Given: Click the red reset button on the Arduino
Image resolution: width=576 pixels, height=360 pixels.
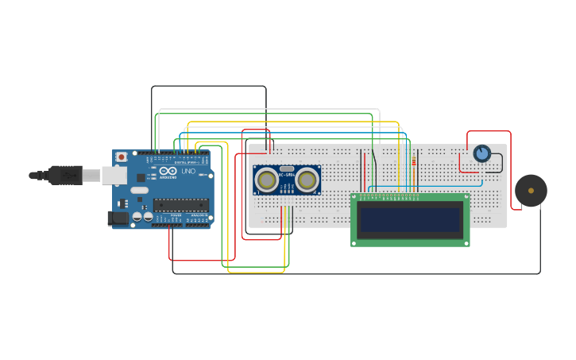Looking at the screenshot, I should pyautogui.click(x=122, y=157).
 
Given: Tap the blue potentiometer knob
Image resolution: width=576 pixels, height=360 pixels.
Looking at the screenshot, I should pyautogui.click(x=481, y=153).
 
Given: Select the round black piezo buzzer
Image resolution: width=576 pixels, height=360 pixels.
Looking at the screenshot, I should pyautogui.click(x=531, y=191).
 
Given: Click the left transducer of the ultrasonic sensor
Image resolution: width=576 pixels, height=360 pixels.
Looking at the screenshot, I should pyautogui.click(x=267, y=181).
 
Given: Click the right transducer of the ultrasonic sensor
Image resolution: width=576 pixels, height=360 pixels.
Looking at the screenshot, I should pyautogui.click(x=307, y=181).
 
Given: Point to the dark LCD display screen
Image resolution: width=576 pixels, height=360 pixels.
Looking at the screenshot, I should pyautogui.click(x=410, y=219).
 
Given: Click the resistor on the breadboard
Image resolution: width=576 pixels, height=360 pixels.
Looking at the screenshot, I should pyautogui.click(x=414, y=161).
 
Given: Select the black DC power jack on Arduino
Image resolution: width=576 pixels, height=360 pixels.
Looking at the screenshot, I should pyautogui.click(x=118, y=217).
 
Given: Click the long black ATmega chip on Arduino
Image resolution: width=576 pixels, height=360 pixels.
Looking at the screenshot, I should pyautogui.click(x=181, y=205).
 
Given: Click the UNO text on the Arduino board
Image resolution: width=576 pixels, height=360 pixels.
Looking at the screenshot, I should pyautogui.click(x=188, y=171).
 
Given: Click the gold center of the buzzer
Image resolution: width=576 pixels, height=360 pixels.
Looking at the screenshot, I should pyautogui.click(x=531, y=191).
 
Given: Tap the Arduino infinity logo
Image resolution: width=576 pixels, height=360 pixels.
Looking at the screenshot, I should pyautogui.click(x=168, y=170).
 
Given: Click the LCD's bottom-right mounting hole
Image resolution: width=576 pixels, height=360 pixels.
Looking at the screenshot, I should pyautogui.click(x=466, y=242).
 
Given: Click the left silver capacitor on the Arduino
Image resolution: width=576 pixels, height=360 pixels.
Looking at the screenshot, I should pyautogui.click(x=137, y=216).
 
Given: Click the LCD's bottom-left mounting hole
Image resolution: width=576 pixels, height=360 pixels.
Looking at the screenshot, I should pyautogui.click(x=354, y=242).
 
